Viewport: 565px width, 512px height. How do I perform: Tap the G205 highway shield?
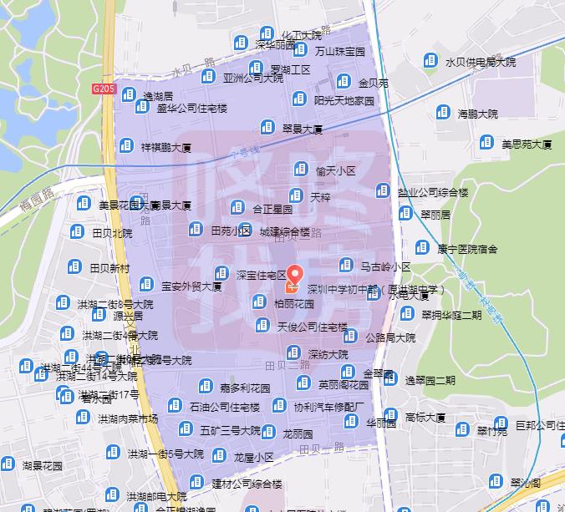pos(103,88)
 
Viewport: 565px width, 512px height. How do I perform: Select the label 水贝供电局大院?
pos(481,61)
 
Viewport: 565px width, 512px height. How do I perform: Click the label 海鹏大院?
pos(477,113)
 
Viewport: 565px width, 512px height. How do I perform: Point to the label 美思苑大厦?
pos(527,144)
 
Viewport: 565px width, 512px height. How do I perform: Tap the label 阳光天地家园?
pos(344,100)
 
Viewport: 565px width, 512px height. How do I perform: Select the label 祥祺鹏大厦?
pos(167,146)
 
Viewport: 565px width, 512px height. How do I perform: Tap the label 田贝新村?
pos(110,268)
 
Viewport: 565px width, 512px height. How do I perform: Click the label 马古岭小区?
pos(385,267)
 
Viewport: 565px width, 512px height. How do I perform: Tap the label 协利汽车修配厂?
pos(330,407)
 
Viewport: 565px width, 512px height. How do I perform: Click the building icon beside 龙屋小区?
pos(218,456)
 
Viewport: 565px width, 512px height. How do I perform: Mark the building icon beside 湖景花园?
pos(8,464)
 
